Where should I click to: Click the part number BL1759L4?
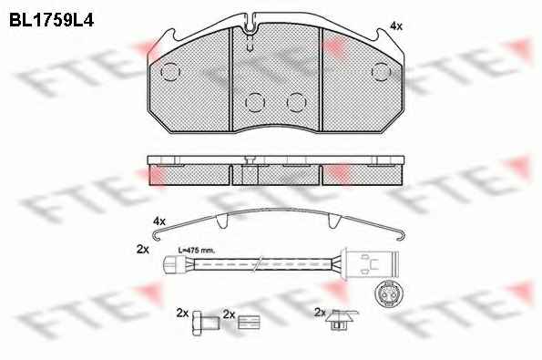(x=51, y=20)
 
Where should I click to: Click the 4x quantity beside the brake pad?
(x=395, y=26)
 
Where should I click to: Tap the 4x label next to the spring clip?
(x=159, y=221)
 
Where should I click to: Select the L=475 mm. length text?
(x=196, y=250)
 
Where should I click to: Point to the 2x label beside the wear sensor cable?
(x=143, y=249)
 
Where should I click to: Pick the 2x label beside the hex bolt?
(x=182, y=313)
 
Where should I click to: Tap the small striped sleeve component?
(x=249, y=322)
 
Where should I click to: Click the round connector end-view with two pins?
(x=389, y=294)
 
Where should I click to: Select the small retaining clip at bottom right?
(x=342, y=319)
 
